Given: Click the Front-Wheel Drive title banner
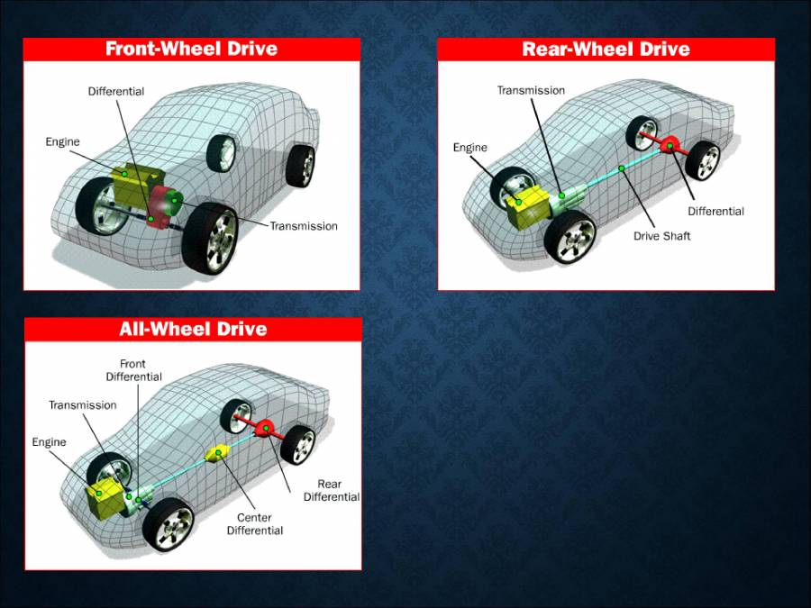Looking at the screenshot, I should [x=191, y=49].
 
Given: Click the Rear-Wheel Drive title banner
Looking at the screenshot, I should [x=606, y=49].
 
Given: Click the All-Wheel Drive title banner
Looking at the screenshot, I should [x=193, y=329].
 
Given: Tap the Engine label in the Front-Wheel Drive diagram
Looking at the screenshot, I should [x=63, y=141].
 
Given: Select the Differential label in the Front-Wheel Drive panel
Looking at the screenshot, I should [x=115, y=92].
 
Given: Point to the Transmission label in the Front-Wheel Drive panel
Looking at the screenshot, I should [x=304, y=226].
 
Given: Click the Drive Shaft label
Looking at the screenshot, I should [x=661, y=236].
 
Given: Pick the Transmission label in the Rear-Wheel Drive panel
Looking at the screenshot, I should [x=531, y=90].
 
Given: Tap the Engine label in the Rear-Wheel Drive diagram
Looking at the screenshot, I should [x=469, y=148].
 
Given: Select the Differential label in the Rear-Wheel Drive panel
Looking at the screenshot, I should [x=715, y=212].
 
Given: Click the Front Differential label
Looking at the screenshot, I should [x=133, y=370].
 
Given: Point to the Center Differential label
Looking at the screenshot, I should [x=254, y=524].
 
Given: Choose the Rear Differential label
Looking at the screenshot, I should [x=331, y=491].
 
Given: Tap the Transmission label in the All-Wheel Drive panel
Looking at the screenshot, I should [x=82, y=405].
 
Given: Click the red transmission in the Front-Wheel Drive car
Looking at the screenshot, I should [x=165, y=205].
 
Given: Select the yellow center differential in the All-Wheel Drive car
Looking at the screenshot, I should [x=218, y=453].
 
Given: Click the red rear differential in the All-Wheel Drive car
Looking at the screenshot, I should [x=266, y=428].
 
